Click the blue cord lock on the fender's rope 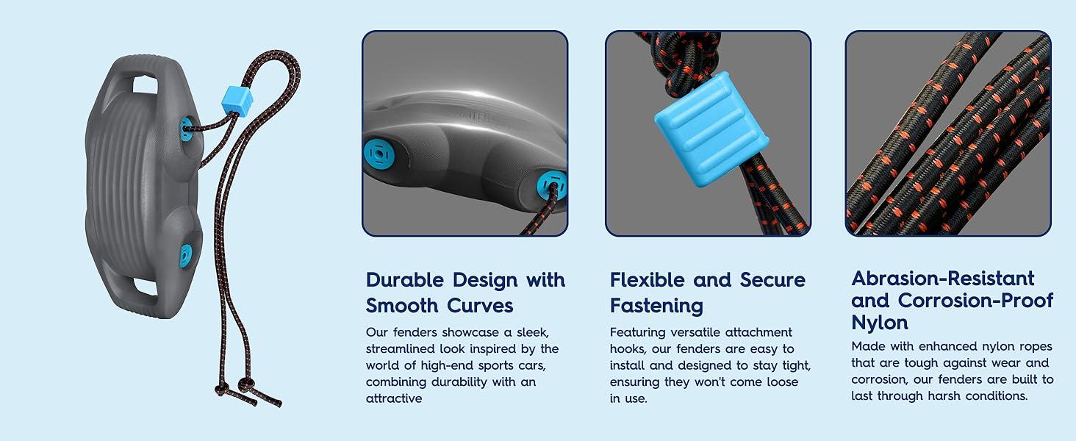[237, 100]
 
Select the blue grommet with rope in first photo [551, 184]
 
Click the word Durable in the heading [405, 280]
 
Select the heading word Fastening [656, 305]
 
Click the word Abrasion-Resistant [943, 279]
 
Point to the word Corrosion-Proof [975, 301]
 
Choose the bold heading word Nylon [880, 323]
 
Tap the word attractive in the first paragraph [394, 398]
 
